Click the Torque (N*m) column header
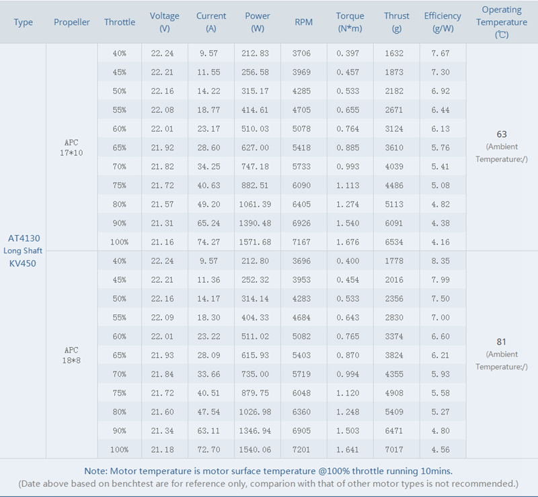click(350, 22)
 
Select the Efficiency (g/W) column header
click(443, 22)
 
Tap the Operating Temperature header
click(502, 22)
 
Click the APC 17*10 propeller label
click(72, 148)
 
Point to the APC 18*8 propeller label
click(72, 355)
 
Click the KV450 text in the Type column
click(23, 263)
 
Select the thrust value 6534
click(396, 242)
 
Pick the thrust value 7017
click(396, 449)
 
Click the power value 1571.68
click(258, 242)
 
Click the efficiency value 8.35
click(442, 261)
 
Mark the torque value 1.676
click(350, 242)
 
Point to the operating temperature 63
click(502, 134)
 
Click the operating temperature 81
click(502, 342)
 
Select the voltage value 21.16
click(165, 242)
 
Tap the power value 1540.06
click(258, 449)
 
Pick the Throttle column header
click(119, 22)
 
